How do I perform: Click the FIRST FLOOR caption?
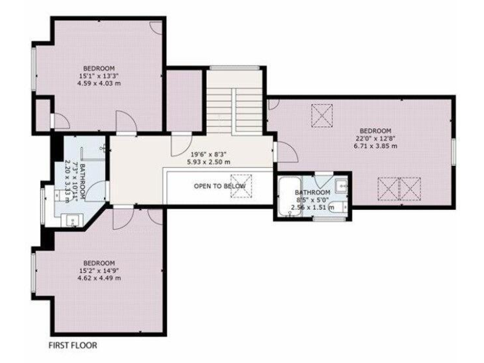point(73,345)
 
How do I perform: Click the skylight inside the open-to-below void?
point(241,187)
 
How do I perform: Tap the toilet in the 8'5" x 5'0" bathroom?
point(338,207)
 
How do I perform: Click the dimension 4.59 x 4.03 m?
point(99,83)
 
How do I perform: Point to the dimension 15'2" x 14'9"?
point(99,270)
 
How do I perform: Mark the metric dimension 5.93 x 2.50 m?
point(209,161)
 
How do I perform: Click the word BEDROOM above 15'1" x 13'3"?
point(99,68)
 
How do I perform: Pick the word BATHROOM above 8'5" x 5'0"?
point(313,192)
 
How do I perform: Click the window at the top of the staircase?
point(234,67)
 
